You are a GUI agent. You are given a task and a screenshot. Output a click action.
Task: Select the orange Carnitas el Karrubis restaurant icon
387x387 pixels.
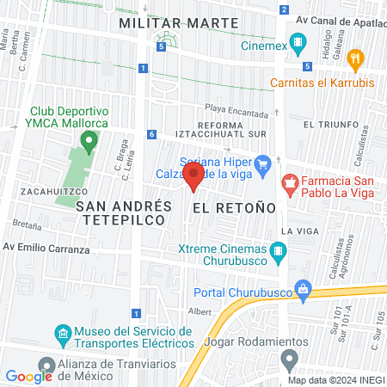pyautogui.click(x=356, y=59)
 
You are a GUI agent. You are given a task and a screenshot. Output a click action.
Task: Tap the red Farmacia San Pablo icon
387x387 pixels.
pyautogui.click(x=290, y=182)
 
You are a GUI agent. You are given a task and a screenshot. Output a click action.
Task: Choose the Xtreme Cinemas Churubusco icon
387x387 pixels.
pyautogui.click(x=278, y=251)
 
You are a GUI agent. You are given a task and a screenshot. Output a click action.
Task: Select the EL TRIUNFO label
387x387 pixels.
pyautogui.click(x=330, y=125)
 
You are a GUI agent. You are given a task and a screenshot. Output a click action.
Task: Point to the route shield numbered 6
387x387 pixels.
pyautogui.click(x=151, y=134)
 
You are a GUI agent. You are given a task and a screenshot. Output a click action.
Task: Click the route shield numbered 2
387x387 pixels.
pyautogui.click(x=284, y=9)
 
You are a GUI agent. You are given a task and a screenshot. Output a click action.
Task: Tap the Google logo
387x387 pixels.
pyautogui.click(x=28, y=376)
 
